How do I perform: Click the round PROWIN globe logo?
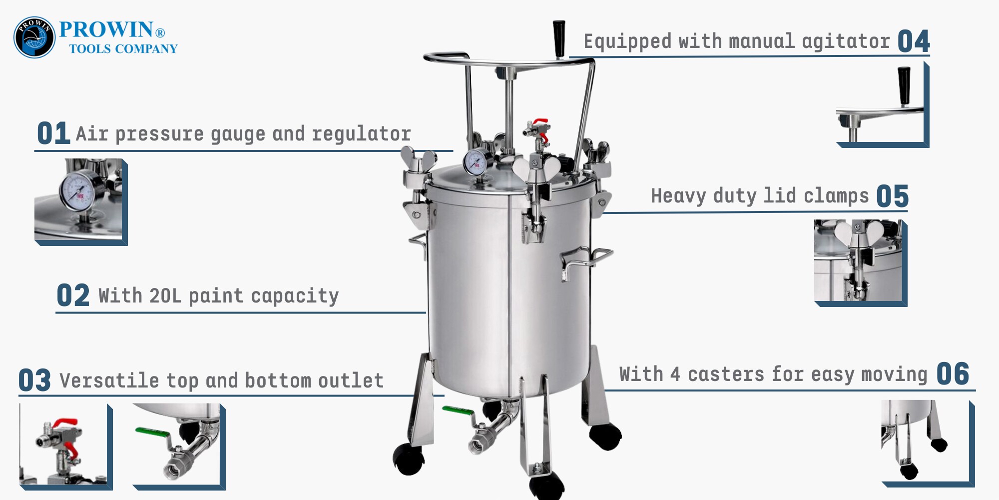34,37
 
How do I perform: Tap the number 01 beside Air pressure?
53,133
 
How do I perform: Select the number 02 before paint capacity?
73,295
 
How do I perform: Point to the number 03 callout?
34,380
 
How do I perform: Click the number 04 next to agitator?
914,41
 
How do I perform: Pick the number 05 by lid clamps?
893,196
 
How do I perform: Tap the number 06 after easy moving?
953,374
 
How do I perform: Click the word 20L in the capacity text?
165,295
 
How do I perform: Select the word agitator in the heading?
846,41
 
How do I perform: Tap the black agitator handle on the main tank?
559,38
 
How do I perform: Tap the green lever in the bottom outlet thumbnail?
152,432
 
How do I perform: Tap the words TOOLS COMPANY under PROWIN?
123,48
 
